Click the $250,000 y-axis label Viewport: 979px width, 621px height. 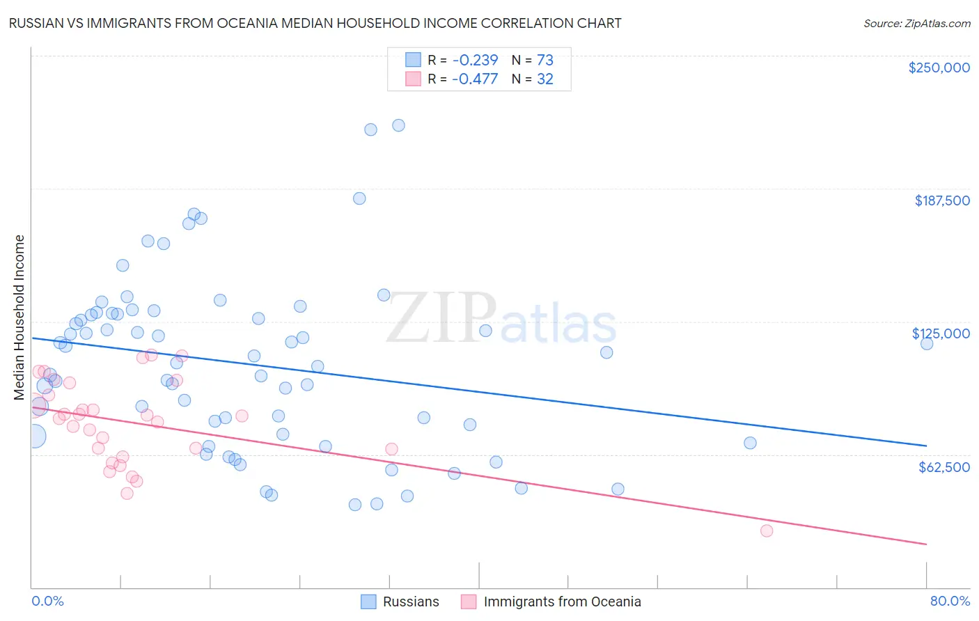click(939, 68)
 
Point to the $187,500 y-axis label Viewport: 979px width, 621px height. click(941, 201)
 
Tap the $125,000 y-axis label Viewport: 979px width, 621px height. click(941, 333)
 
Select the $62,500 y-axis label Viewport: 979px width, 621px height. click(943, 467)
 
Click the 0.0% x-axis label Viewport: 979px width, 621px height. click(47, 601)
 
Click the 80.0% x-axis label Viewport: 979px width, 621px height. click(950, 601)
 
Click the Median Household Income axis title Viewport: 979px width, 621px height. click(19, 317)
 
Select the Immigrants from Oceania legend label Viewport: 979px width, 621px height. click(562, 602)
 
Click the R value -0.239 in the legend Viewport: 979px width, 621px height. click(475, 60)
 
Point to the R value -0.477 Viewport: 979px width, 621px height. click(475, 79)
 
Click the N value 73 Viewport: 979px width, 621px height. click(545, 60)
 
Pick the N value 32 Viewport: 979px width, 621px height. click(545, 79)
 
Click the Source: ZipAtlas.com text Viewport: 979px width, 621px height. click(916, 24)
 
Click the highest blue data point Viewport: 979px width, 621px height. click(398, 125)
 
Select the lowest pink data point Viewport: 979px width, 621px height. click(767, 530)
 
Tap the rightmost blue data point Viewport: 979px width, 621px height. click(927, 343)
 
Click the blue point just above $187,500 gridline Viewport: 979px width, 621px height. click(359, 198)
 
